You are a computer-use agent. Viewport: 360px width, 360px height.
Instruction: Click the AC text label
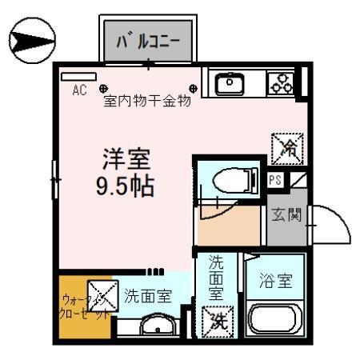point(79,90)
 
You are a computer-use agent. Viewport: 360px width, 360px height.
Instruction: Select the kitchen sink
point(230,82)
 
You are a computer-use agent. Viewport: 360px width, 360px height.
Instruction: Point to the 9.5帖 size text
point(125,187)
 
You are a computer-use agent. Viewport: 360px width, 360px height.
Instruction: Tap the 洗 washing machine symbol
point(217,322)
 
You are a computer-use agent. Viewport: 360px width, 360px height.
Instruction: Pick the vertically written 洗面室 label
point(216,277)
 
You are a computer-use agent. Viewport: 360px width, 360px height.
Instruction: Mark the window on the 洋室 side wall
point(54,182)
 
